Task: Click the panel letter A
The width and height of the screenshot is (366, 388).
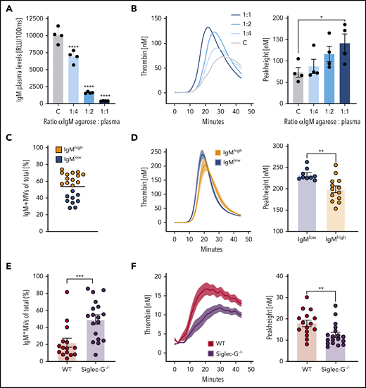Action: pyautogui.click(x=8, y=9)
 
